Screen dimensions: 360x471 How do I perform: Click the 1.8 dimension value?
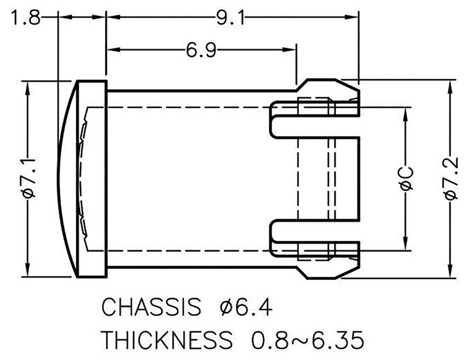[26, 18]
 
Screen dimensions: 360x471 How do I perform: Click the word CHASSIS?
[150, 307]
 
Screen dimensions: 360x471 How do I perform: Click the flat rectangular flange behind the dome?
[92, 179]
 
